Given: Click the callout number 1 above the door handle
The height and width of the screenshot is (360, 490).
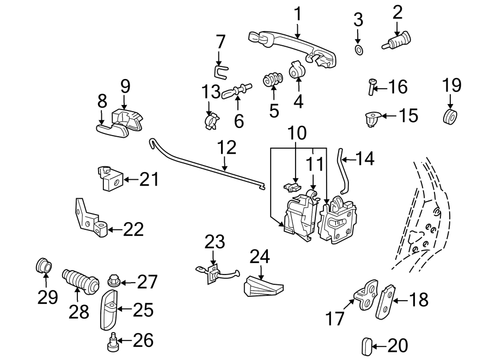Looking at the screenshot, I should (x=297, y=14).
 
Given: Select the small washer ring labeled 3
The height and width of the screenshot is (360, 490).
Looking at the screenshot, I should (x=358, y=51).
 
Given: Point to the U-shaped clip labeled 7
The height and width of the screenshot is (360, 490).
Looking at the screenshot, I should (x=219, y=70).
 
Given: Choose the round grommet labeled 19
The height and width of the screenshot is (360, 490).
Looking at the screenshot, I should (x=450, y=117).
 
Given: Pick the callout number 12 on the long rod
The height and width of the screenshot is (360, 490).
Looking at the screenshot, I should (x=227, y=148).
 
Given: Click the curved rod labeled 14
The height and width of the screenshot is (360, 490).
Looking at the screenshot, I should (x=342, y=171).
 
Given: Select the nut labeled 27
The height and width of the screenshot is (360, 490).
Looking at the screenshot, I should (x=114, y=282).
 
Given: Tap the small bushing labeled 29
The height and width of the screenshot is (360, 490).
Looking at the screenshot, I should (x=44, y=266).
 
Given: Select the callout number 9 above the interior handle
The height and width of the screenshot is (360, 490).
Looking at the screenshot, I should (x=125, y=86).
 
